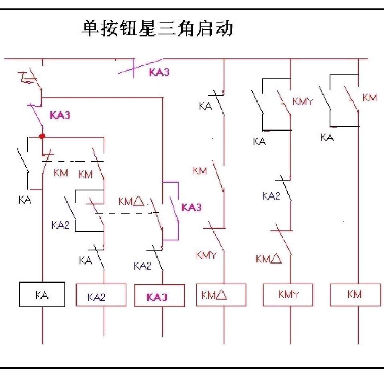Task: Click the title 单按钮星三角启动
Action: point(157,29)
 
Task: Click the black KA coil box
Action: point(42,295)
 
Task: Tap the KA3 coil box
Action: point(159,296)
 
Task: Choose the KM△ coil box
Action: point(221,295)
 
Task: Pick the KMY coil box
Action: point(288,295)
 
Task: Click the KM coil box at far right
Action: point(355,295)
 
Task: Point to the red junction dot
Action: point(42,136)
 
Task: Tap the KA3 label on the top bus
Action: point(159,72)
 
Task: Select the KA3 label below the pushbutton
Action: point(60,115)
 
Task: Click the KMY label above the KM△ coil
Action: point(206,255)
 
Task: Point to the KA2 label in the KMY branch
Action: point(271,196)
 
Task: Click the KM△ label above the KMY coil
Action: point(269,259)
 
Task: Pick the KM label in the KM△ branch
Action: point(200,171)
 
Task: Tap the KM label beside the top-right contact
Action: point(370,97)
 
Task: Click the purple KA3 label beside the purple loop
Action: point(192,208)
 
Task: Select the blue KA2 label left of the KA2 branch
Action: point(60,225)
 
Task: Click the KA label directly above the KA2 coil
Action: point(86,261)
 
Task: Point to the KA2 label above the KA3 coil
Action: point(142,266)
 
